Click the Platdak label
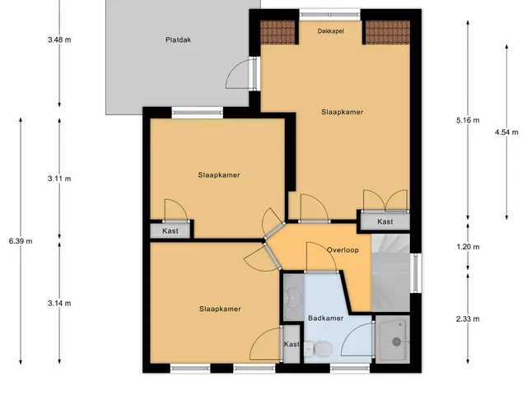tap(178, 39)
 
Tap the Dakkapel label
tap(330, 31)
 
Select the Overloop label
tap(343, 250)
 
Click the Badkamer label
tap(326, 318)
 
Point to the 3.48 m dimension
tap(59, 39)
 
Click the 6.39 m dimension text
tap(21, 241)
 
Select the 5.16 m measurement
tap(468, 120)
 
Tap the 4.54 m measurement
tap(506, 132)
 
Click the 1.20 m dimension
tap(468, 247)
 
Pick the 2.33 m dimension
tap(468, 319)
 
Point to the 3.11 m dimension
tap(59, 179)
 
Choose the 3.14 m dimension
tap(59, 304)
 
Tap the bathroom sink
tap(293, 297)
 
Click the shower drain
tap(397, 342)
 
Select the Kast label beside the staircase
tap(385, 221)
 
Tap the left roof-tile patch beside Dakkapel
tap(278, 32)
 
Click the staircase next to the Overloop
tap(390, 272)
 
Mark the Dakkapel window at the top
tap(330, 15)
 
